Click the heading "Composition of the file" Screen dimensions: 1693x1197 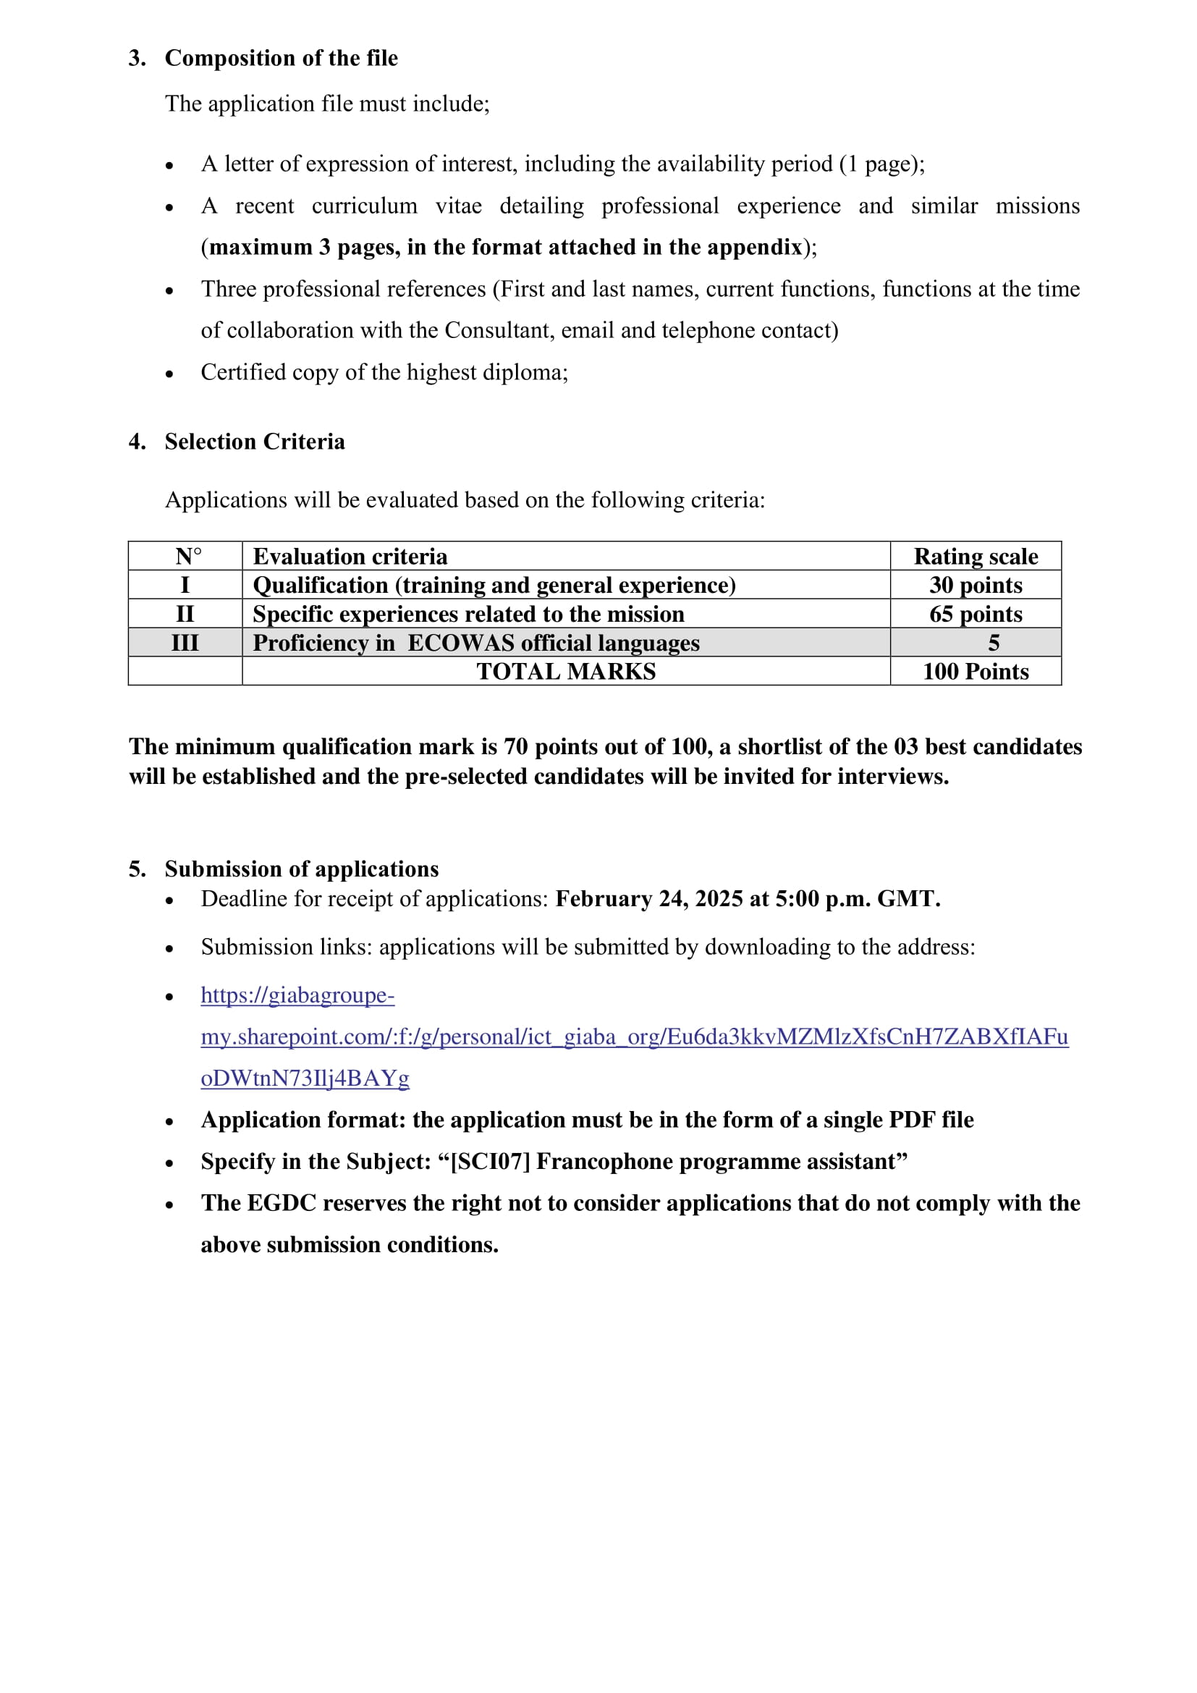click(281, 57)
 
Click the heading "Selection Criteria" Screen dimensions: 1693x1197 click(254, 441)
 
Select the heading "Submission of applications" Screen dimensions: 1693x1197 click(302, 869)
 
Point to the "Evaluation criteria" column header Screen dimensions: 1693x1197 click(350, 556)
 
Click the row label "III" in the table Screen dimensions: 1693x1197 click(185, 642)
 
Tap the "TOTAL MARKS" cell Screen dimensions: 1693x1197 click(565, 671)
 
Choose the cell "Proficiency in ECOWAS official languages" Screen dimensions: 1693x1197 click(476, 642)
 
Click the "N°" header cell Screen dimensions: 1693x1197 click(188, 556)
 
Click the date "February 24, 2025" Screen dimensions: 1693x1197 click(648, 898)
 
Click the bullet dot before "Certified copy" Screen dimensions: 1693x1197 click(169, 373)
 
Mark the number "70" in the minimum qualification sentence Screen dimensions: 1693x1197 click(515, 746)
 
